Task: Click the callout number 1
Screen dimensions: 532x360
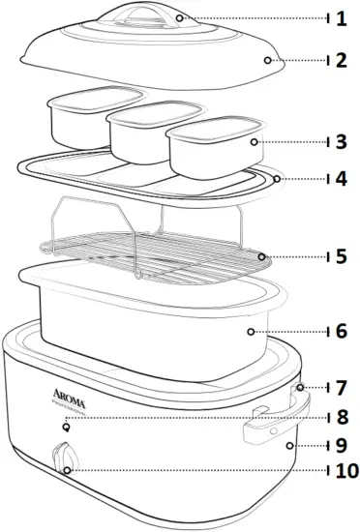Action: pyautogui.click(x=340, y=18)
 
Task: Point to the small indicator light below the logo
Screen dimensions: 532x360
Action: pyautogui.click(x=65, y=427)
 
